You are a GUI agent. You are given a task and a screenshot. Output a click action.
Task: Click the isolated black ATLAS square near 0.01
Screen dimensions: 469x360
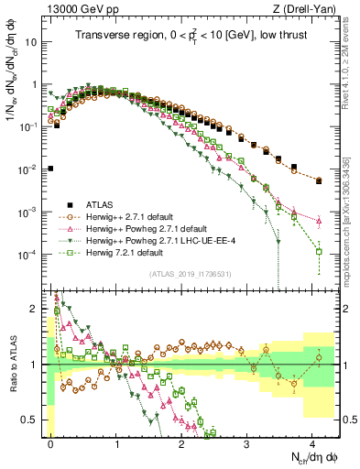51,169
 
